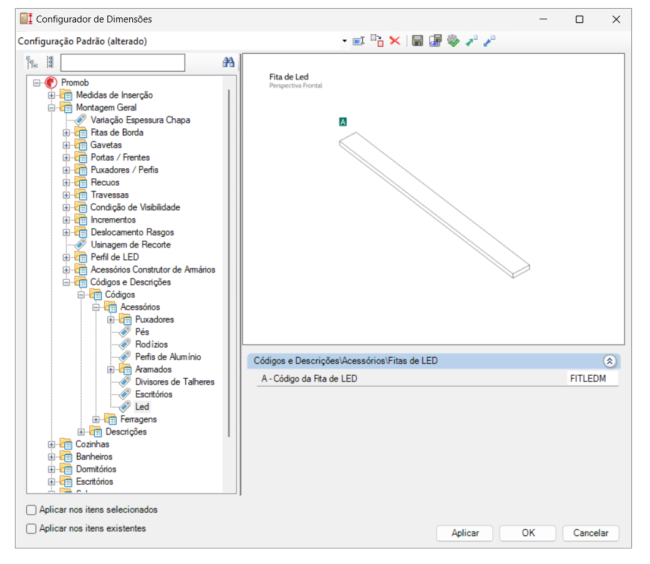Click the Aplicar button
(x=465, y=533)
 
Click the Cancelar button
(x=590, y=533)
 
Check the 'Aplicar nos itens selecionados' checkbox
(x=32, y=510)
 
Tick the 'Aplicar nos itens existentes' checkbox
(x=32, y=528)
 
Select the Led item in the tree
(x=142, y=407)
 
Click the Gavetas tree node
(x=106, y=145)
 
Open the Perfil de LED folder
(x=114, y=257)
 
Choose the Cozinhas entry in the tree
(x=92, y=444)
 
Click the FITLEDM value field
(x=591, y=378)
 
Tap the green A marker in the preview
(x=342, y=122)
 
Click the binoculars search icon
(x=228, y=62)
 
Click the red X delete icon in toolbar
(x=394, y=41)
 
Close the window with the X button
(x=616, y=19)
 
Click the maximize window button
(x=580, y=19)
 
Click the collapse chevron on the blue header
(x=610, y=361)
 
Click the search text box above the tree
(x=123, y=62)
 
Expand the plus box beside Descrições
(x=81, y=432)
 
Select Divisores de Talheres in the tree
(x=174, y=382)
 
